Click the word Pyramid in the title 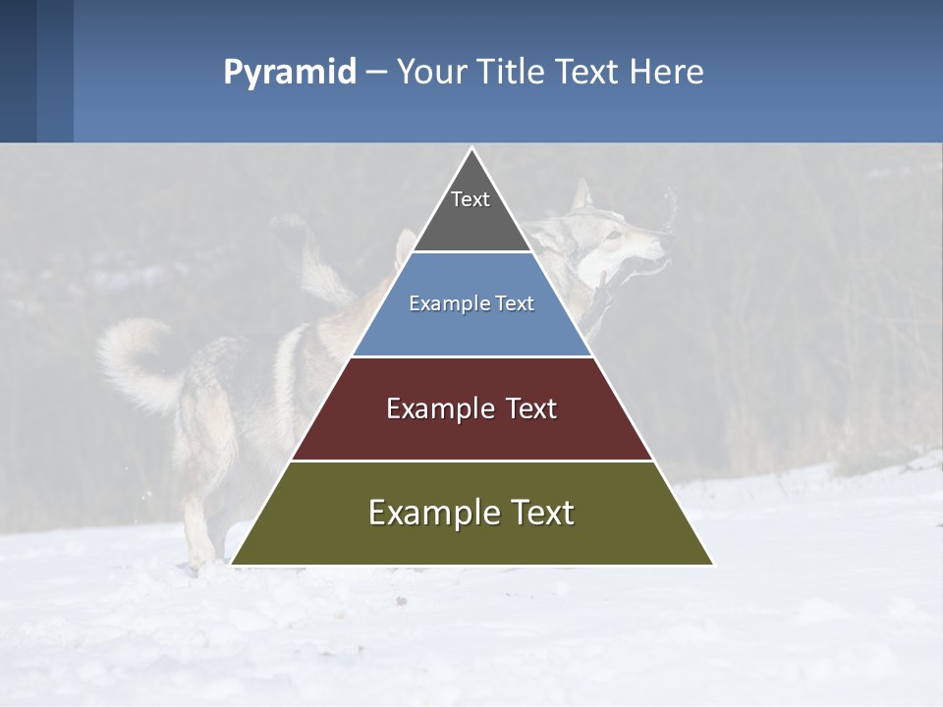pos(290,73)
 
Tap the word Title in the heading pos(510,72)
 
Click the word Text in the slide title pos(589,72)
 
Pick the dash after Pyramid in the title pos(376,73)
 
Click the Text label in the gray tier pos(471,199)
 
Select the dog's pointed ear pos(582,195)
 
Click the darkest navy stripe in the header pos(18,71)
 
